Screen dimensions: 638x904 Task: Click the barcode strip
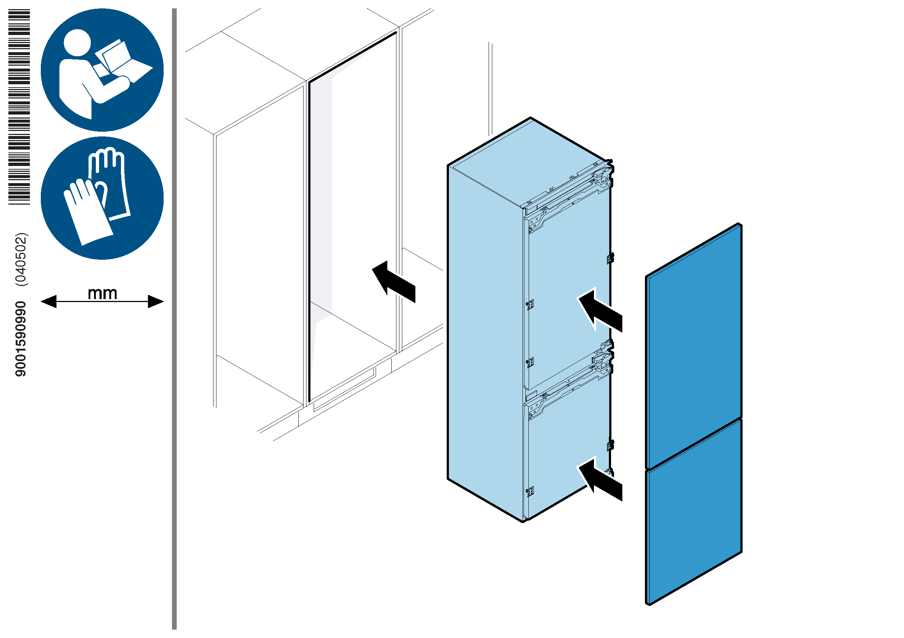tap(19, 107)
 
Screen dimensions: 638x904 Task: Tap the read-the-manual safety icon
tap(102, 70)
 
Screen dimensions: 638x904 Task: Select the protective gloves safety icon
tap(102, 198)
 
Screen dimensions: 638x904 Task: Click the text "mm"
tap(102, 293)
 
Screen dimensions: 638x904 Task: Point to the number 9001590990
tap(20, 339)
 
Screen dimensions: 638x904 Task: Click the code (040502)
tap(21, 259)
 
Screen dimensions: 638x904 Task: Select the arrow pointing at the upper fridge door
tap(600, 310)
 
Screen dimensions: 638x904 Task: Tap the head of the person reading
tap(77, 43)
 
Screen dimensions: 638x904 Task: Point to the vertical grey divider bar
tap(174, 315)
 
